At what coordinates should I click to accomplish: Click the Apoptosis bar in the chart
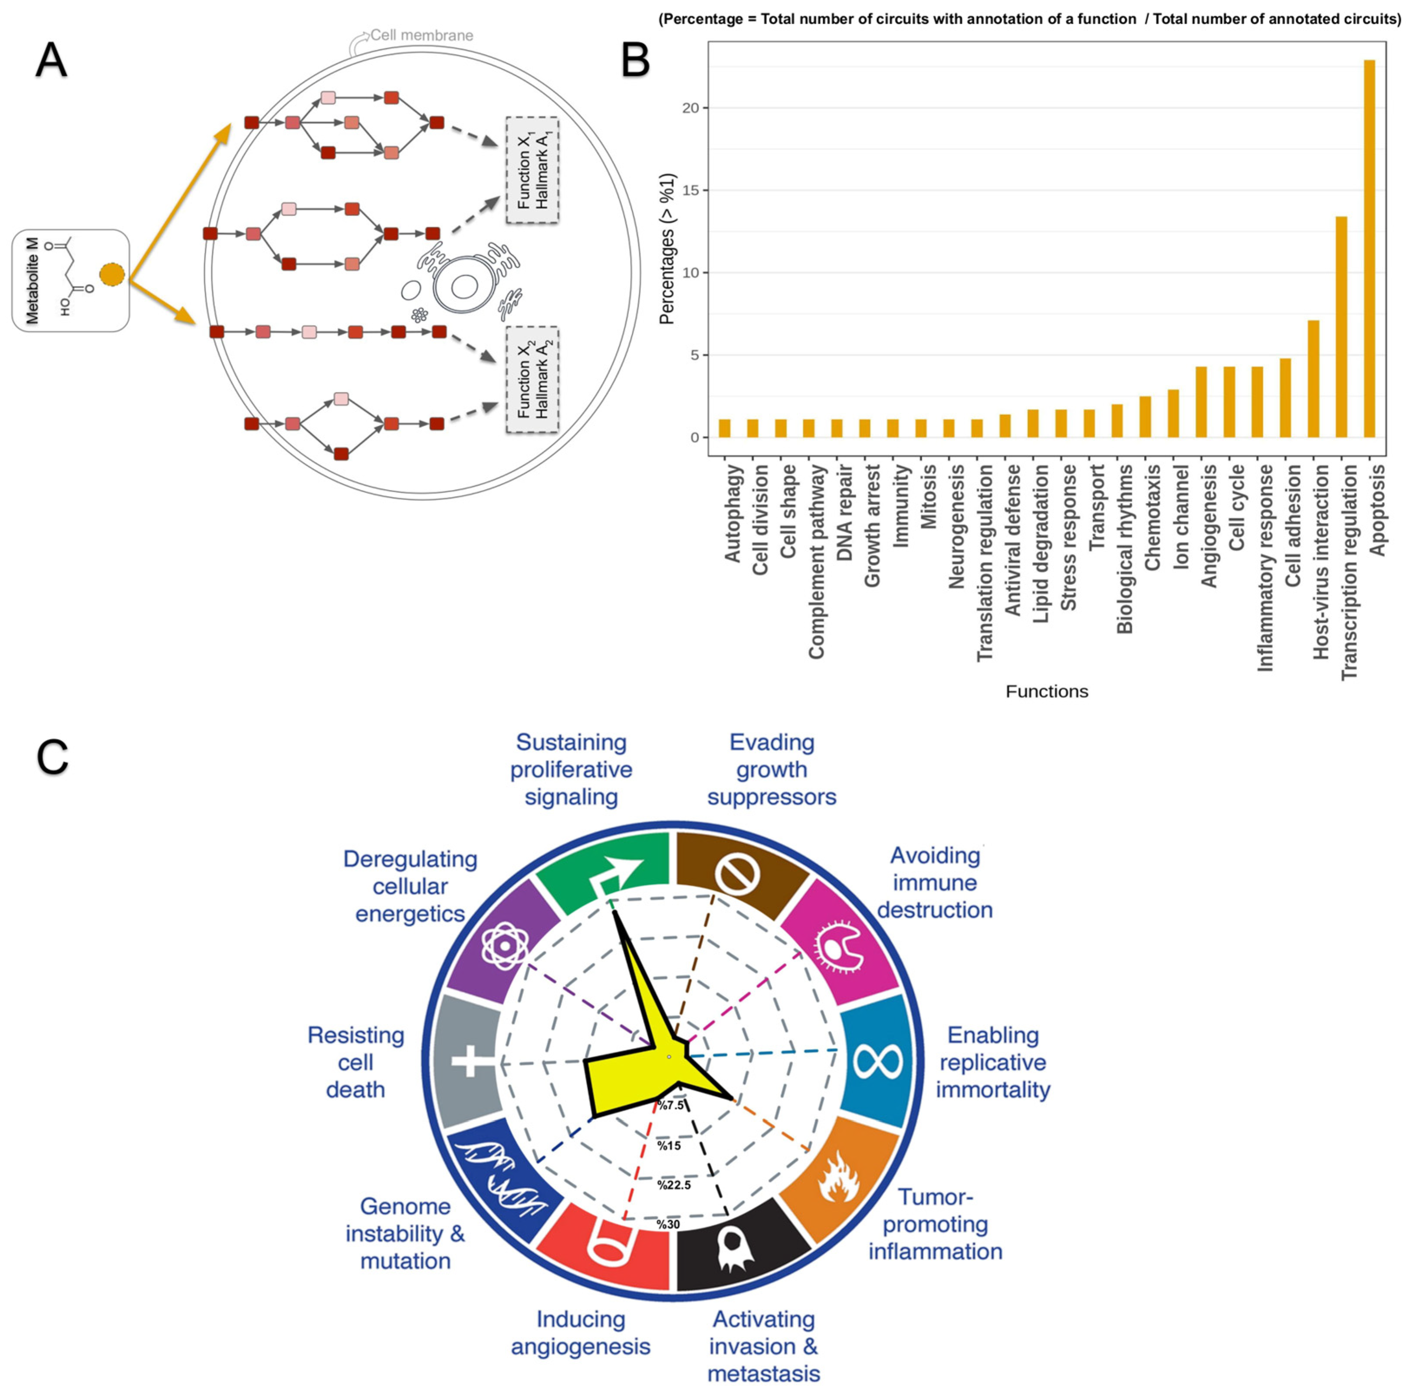(x=1369, y=248)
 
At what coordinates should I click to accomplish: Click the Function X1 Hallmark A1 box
(x=532, y=169)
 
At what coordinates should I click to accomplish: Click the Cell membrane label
(x=421, y=35)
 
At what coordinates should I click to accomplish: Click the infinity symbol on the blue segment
(x=877, y=1061)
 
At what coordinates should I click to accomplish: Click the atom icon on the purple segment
(x=503, y=946)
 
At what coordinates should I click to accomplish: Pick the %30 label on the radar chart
(x=668, y=1225)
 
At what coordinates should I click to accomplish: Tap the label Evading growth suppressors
(x=772, y=770)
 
